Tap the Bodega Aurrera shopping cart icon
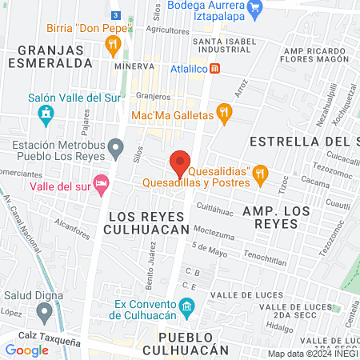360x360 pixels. (x=256, y=10)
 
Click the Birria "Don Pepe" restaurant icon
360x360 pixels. (x=114, y=42)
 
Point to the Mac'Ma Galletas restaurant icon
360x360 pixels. (x=225, y=116)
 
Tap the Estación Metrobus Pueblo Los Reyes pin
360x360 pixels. (x=116, y=146)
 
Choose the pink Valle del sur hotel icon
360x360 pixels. (x=100, y=186)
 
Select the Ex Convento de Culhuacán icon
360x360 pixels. (x=186, y=306)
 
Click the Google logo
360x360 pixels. (x=27, y=350)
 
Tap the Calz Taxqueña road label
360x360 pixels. (x=58, y=342)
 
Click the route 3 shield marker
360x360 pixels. (x=116, y=15)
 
